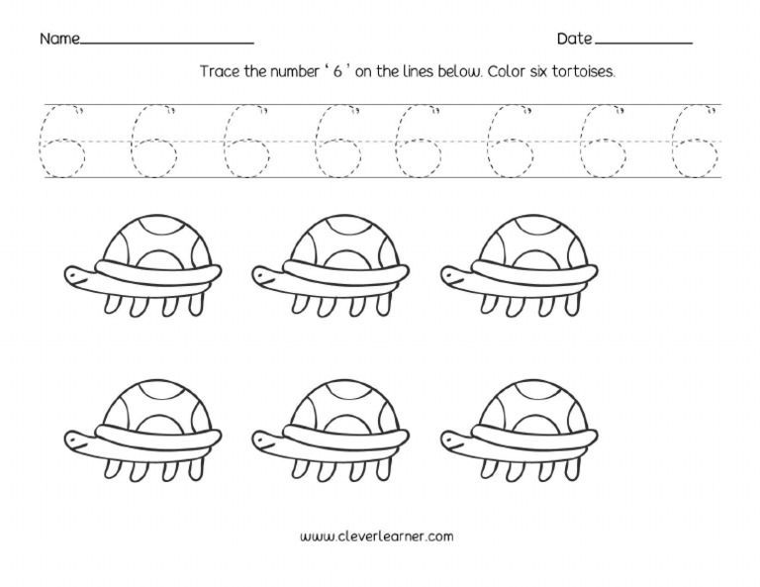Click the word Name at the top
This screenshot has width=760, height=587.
coord(58,40)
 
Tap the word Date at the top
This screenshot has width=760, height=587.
coord(574,40)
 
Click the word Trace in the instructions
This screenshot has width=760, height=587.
coord(221,72)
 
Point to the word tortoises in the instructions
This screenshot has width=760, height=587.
coord(584,72)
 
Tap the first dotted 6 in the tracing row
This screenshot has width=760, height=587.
coord(58,142)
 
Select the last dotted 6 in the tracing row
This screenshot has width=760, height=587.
coord(698,142)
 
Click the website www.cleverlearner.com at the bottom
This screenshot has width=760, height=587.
coord(376,537)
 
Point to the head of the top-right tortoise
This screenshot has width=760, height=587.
coord(455,274)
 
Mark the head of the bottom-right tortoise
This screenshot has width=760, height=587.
coord(455,438)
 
